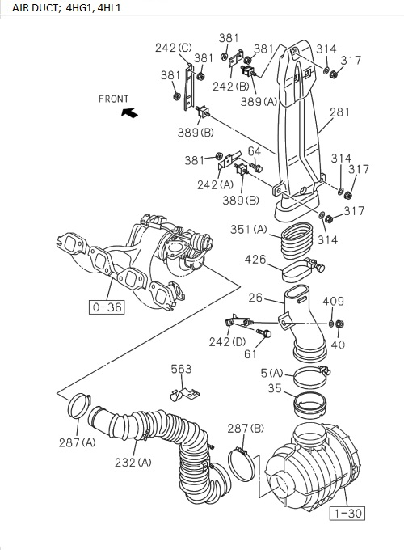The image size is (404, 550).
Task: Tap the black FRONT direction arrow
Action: (127, 114)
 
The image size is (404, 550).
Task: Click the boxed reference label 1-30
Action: (346, 512)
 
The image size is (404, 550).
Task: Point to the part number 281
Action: (339, 112)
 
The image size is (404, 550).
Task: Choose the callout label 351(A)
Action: (249, 229)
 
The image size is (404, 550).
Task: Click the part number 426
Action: (255, 260)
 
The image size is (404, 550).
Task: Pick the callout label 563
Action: (181, 369)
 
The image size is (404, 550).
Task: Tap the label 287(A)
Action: (77, 442)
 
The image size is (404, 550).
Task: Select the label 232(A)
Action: (133, 462)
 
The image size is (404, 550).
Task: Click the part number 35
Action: (275, 388)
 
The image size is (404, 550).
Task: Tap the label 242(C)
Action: (173, 48)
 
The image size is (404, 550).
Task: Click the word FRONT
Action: (113, 99)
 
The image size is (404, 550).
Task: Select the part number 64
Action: (254, 151)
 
